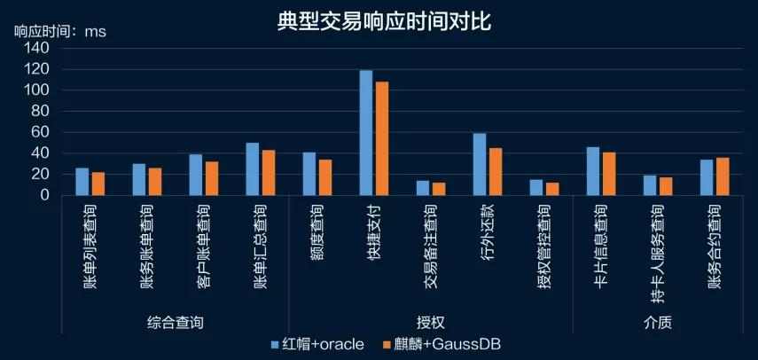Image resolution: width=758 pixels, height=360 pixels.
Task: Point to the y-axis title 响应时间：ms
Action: tap(59, 32)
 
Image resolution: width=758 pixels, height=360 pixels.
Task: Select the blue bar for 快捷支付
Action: tap(365, 133)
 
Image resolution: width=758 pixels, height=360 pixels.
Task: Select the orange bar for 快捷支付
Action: tap(382, 138)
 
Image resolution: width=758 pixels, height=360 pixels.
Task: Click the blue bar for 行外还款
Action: tap(480, 164)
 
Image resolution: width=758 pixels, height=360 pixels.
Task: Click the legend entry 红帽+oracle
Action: tap(317, 344)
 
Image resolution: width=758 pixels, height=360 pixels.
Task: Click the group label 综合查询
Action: tap(175, 322)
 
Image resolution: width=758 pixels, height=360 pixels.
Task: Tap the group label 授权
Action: tap(430, 322)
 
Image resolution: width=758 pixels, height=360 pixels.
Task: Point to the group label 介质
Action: tap(657, 322)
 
